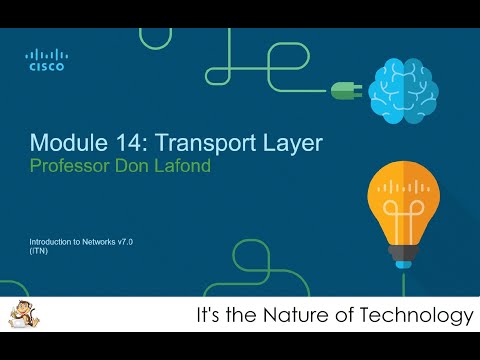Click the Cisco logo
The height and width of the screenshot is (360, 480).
[x=45, y=60]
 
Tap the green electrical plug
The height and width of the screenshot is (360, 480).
[x=346, y=90]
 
